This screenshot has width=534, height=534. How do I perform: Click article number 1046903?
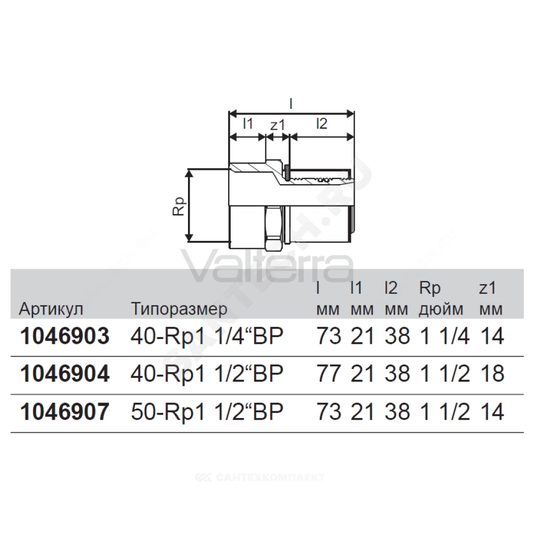coord(65,336)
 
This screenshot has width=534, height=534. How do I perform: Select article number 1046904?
coord(65,374)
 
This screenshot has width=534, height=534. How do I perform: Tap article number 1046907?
coord(65,412)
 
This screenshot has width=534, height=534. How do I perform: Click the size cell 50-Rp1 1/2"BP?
coord(207,412)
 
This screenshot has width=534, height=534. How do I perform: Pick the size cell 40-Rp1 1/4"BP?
coord(207,336)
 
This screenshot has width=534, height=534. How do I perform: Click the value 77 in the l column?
coord(329,374)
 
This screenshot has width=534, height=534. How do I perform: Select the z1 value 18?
coord(492,374)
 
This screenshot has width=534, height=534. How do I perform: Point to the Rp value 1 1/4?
coord(445,336)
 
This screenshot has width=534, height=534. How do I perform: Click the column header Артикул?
coord(51,309)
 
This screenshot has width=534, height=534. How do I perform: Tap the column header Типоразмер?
coord(179,309)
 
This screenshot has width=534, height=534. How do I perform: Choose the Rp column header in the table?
coord(430,289)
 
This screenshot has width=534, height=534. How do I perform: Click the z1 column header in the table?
coord(488,289)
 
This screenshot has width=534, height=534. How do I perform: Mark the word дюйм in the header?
coord(441,310)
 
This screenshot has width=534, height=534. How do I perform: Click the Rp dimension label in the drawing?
coord(179,206)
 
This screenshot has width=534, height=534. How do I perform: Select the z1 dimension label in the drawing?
coord(278,125)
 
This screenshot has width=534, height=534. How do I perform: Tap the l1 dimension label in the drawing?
coord(248,123)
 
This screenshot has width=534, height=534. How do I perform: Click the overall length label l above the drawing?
coord(291,104)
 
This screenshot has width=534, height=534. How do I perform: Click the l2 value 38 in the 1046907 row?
coord(397,412)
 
